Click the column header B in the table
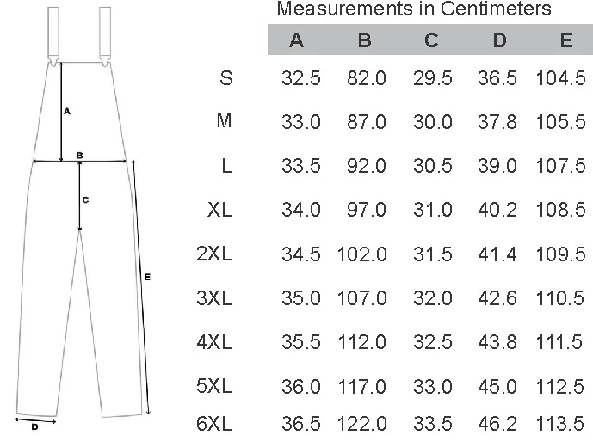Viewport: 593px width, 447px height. (x=365, y=40)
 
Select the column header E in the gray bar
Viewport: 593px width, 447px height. (x=565, y=40)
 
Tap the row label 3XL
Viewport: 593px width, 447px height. (x=214, y=298)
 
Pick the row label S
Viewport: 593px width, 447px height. (x=225, y=78)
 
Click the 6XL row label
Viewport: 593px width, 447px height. (x=214, y=424)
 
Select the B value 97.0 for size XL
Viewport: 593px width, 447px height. (x=366, y=210)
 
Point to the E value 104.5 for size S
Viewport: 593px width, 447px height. (x=560, y=78)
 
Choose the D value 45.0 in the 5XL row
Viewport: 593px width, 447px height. (x=497, y=386)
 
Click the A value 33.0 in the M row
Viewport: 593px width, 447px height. (x=300, y=122)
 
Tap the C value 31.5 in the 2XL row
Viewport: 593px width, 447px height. (x=432, y=254)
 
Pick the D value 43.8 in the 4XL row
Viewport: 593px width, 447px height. (x=497, y=342)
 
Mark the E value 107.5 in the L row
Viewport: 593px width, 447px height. (x=560, y=166)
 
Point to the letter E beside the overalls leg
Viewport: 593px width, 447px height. (x=148, y=277)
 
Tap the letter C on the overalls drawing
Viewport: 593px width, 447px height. (x=85, y=199)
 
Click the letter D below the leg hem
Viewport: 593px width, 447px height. (x=34, y=426)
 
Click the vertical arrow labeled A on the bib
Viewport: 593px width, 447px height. (x=60, y=112)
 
